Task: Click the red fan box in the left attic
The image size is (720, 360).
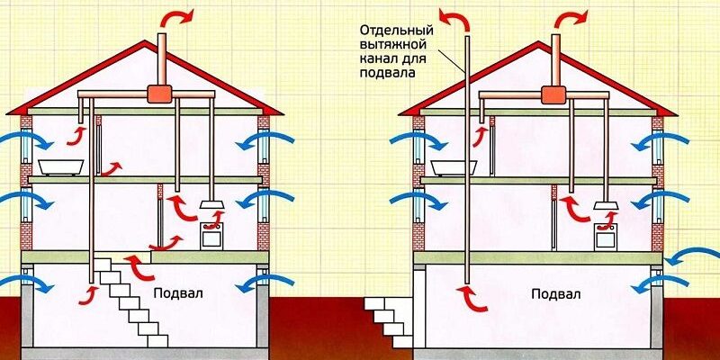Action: click(160, 93)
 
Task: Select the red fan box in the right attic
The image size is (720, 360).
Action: click(553, 94)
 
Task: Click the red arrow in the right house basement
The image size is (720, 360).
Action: click(475, 298)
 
